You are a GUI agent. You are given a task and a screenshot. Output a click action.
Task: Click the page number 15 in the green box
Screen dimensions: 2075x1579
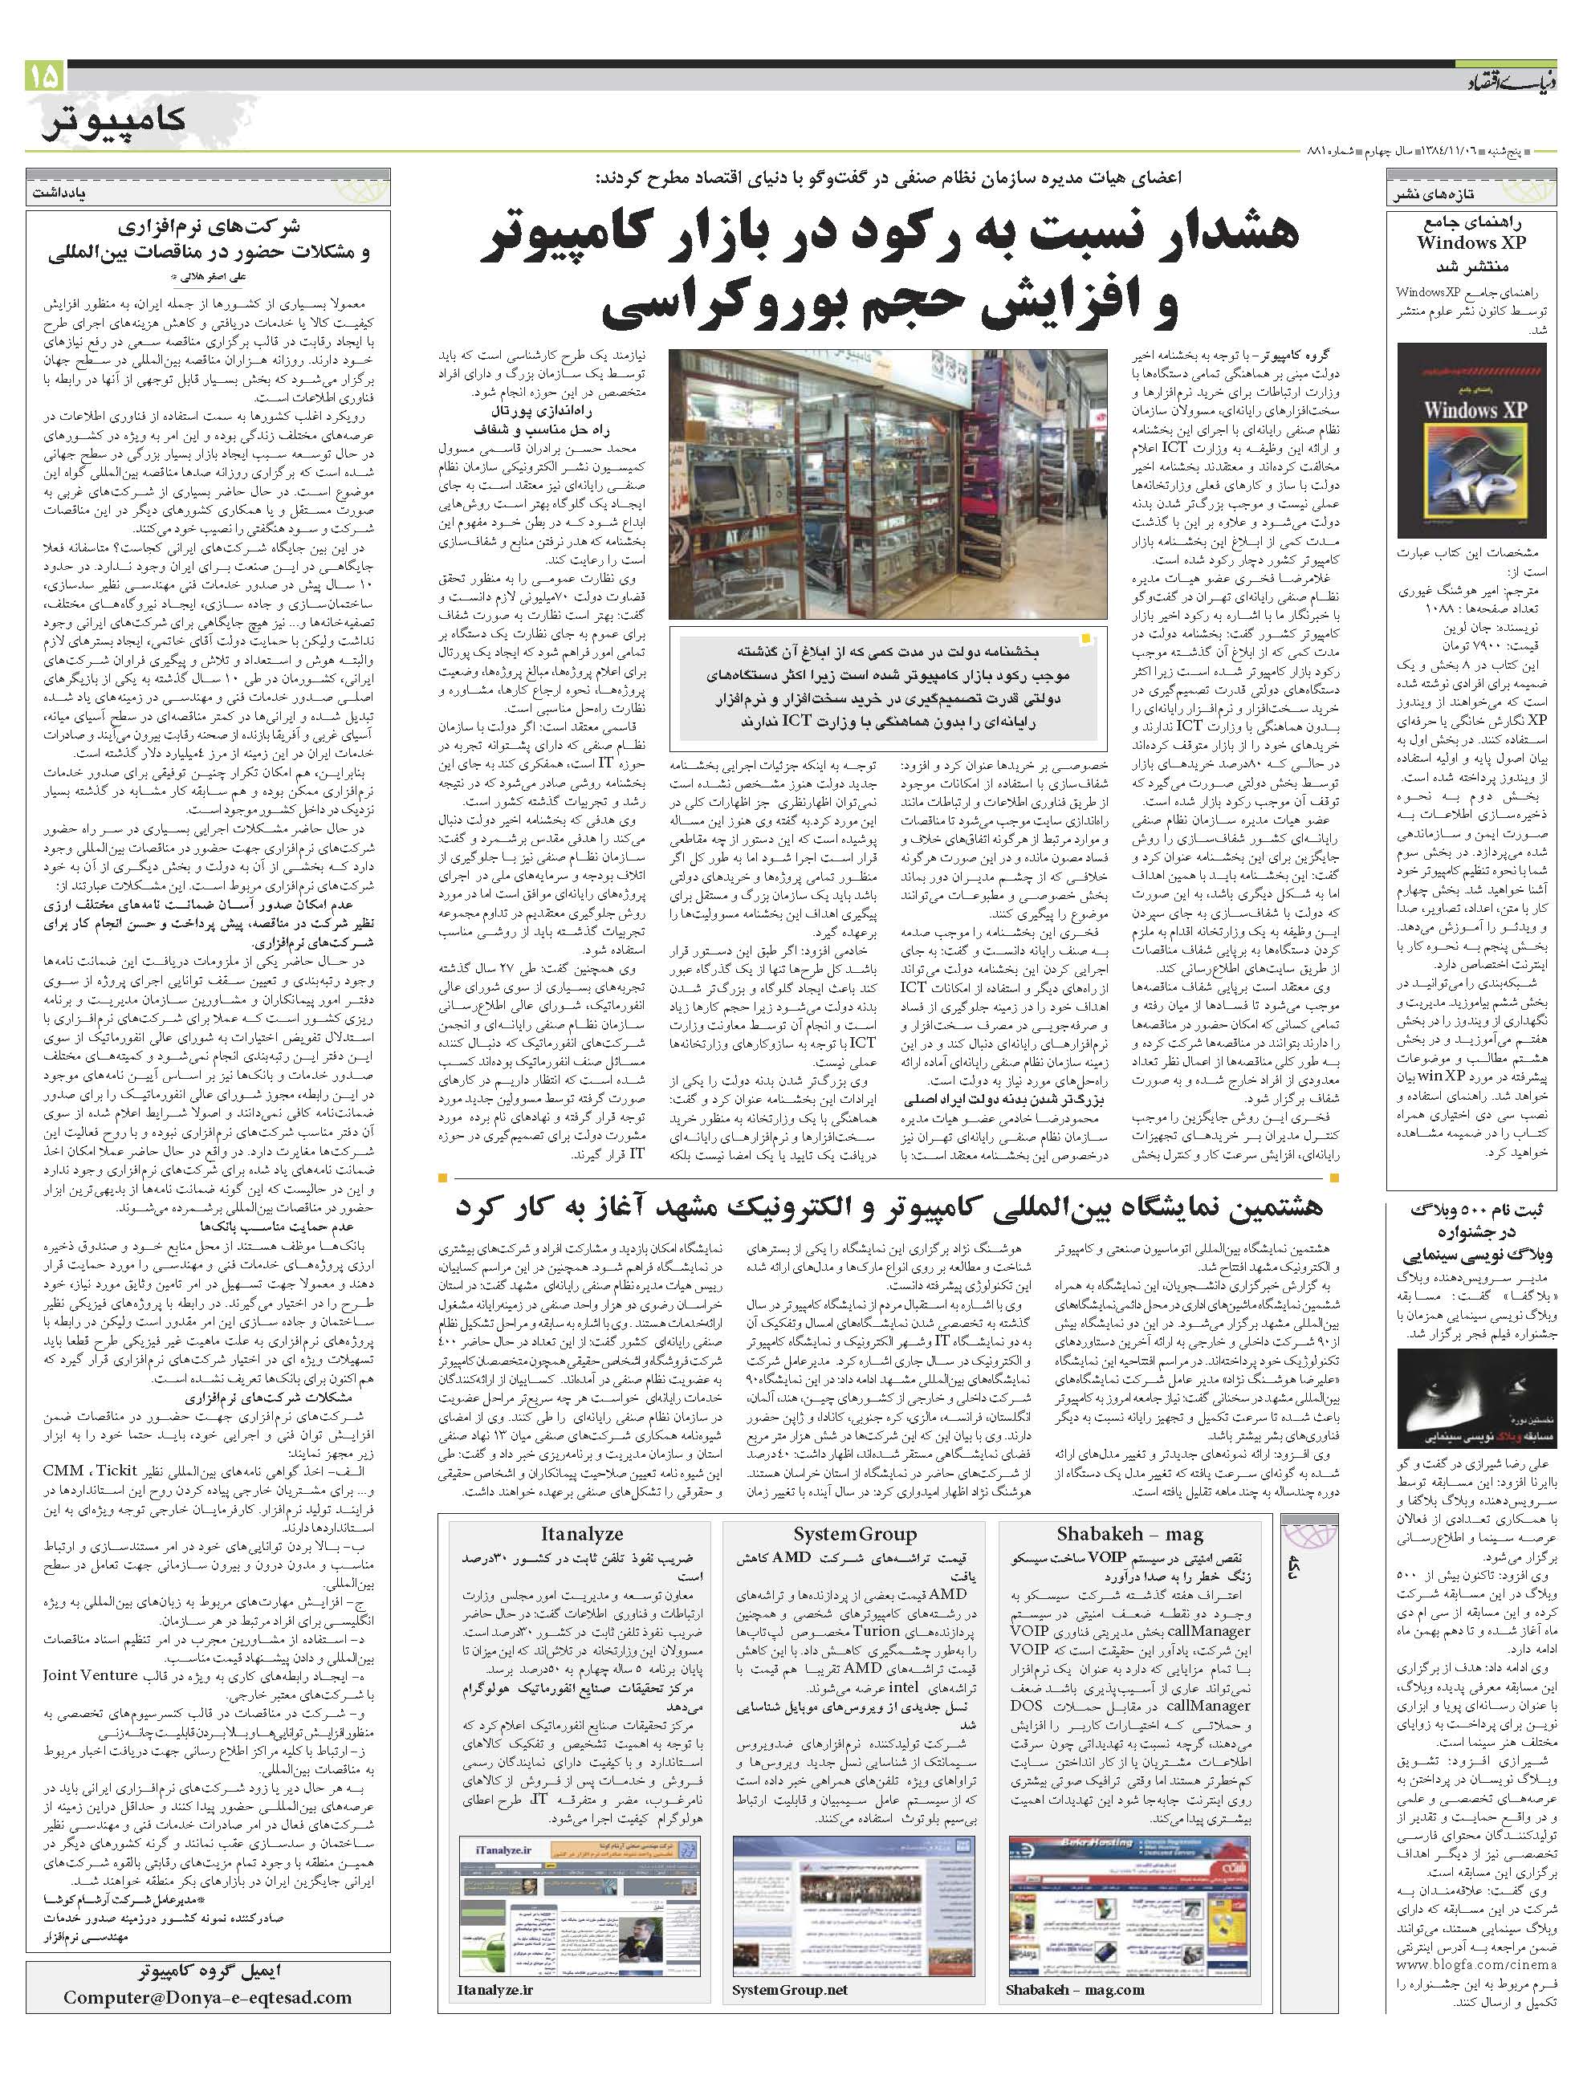tap(45, 75)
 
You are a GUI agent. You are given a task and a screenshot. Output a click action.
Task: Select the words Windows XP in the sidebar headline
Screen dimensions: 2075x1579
tap(1472, 242)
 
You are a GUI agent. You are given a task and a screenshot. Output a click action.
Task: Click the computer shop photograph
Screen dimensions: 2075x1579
tap(881, 482)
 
